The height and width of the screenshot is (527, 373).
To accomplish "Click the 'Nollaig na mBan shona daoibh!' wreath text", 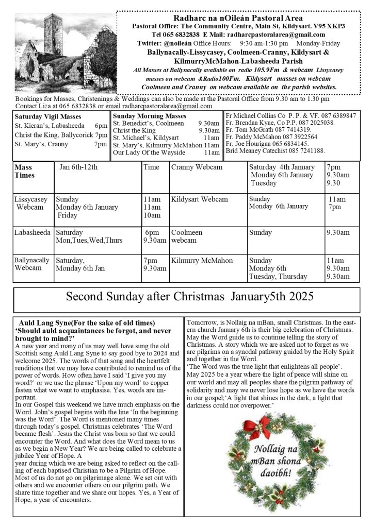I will (x=273, y=460).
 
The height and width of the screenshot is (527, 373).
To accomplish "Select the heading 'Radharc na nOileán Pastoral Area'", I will (x=238, y=18).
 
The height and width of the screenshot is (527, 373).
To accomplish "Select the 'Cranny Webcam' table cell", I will (x=197, y=167).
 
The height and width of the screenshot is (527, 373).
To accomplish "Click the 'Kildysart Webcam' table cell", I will (x=200, y=199).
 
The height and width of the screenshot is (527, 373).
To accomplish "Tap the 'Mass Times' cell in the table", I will (x=25, y=171).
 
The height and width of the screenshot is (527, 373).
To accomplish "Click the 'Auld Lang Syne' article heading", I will (x=87, y=323).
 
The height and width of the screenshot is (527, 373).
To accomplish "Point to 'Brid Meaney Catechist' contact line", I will (x=275, y=151).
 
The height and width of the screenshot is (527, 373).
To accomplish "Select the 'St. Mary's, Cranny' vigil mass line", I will (x=41, y=144).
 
